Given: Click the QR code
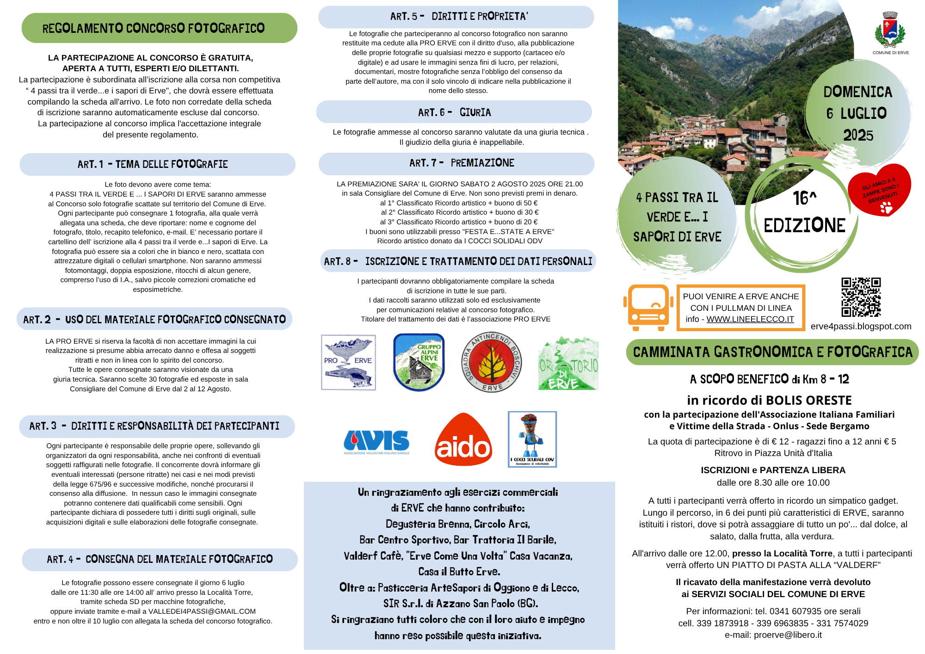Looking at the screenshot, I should pyautogui.click(x=861, y=297).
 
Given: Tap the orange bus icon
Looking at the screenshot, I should pyautogui.click(x=648, y=308).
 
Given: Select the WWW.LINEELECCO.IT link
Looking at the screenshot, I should pyautogui.click(x=750, y=319).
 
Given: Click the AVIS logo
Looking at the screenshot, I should pyautogui.click(x=376, y=442).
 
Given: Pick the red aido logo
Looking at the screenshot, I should pyautogui.click(x=463, y=440).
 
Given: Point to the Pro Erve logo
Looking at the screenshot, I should pyautogui.click(x=348, y=362).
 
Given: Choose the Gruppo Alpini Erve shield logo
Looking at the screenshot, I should pyautogui.click(x=419, y=362).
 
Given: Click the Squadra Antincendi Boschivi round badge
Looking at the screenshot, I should pyautogui.click(x=491, y=362).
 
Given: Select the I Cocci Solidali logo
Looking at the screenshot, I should pyautogui.click(x=532, y=439).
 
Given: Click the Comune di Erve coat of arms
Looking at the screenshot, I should pyautogui.click(x=890, y=31).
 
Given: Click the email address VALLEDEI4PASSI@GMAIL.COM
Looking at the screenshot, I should pyautogui.click(x=202, y=611).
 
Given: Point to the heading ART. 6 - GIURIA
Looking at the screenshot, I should pyautogui.click(x=454, y=112).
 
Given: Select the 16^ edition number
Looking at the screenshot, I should pyautogui.click(x=804, y=198).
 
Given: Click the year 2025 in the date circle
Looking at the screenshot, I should pyautogui.click(x=858, y=136).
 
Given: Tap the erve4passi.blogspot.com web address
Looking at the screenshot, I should pyautogui.click(x=861, y=326).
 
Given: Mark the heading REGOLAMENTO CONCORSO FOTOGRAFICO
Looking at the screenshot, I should pyautogui.click(x=154, y=28).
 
